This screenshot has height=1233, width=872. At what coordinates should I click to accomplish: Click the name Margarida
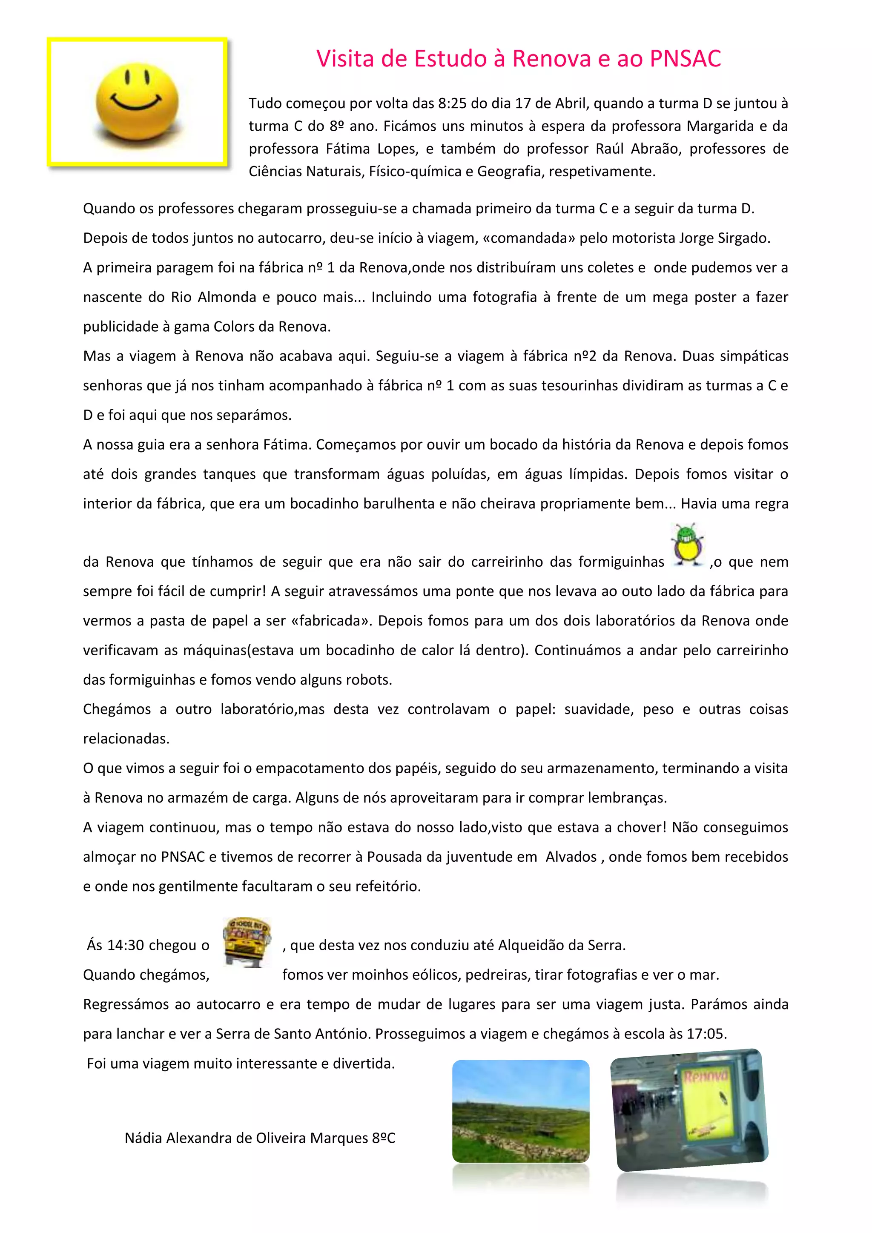tap(720, 126)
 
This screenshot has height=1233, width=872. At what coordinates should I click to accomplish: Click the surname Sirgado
tap(744, 238)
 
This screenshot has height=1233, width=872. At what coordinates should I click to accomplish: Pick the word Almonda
tap(227, 297)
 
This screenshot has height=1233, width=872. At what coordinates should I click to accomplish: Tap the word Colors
tap(237, 327)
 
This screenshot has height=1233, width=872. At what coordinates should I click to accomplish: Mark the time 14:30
tap(125, 946)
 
